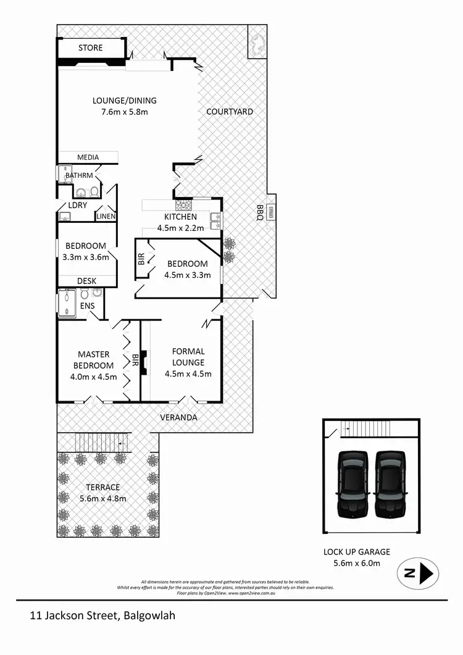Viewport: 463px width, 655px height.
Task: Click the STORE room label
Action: (91, 48)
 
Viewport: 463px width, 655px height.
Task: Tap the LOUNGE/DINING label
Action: (125, 101)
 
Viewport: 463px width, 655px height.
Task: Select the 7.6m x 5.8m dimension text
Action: (125, 112)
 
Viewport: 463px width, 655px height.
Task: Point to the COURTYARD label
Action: (230, 111)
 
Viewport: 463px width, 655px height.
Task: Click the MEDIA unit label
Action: (88, 157)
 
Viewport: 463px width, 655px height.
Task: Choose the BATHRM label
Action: (79, 175)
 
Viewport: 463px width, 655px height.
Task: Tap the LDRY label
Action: (77, 204)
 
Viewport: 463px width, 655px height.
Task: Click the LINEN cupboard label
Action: (106, 216)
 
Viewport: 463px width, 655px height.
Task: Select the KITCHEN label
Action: (180, 217)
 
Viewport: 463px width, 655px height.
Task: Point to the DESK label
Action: (87, 281)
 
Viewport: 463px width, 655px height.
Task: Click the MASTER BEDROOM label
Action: (94, 360)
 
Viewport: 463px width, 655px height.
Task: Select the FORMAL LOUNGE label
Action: (188, 357)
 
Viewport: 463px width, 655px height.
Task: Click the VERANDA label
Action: (179, 417)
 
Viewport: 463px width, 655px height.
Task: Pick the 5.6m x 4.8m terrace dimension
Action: (103, 499)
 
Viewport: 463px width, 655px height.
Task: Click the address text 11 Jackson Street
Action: (75, 615)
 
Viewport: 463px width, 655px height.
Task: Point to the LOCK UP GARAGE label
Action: (357, 552)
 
